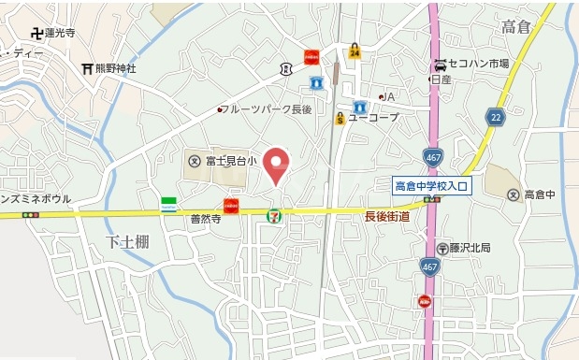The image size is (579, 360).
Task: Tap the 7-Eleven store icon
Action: (x=274, y=214)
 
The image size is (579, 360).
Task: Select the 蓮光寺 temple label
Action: (x=58, y=33)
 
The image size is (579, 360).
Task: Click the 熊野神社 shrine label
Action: (x=115, y=68)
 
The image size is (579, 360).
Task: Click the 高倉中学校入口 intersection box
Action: (x=432, y=186)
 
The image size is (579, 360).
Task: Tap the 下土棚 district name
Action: (x=124, y=242)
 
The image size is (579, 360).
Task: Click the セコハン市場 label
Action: (x=477, y=64)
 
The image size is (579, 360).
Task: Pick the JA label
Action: (x=390, y=96)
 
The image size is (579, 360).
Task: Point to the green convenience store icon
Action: (x=169, y=204)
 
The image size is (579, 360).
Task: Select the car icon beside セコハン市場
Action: (x=439, y=65)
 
